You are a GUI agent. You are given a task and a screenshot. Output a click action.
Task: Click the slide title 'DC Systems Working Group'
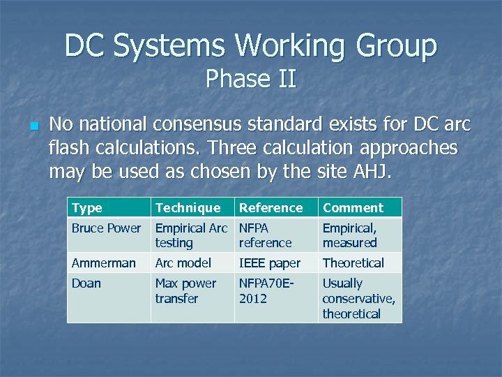coord(251,46)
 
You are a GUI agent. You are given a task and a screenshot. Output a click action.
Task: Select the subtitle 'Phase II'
coord(251,79)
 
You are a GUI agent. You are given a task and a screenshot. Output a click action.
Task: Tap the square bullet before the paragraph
coord(33,127)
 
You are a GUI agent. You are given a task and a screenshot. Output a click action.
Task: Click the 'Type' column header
coord(87,207)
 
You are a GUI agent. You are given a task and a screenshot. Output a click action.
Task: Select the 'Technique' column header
coord(188,207)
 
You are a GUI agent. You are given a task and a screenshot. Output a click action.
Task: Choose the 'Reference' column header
coord(271,207)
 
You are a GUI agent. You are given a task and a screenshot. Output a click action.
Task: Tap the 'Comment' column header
coord(353,207)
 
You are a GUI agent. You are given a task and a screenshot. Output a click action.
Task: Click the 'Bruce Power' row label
coord(106,228)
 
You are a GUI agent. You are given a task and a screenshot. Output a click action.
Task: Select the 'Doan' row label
coord(86,283)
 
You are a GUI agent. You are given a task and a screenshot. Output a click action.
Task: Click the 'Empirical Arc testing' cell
coord(191,235)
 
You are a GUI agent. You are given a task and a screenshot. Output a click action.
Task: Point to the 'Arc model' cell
coord(183,263)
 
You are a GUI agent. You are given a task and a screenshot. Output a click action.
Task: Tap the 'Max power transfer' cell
coord(185,290)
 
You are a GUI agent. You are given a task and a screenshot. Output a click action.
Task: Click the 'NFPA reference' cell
coord(265,235)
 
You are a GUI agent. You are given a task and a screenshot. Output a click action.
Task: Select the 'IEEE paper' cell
coord(270,263)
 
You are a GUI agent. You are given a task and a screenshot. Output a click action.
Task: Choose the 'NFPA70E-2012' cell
coord(268,290)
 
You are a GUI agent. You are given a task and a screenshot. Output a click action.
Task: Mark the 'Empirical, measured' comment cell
coord(350,235)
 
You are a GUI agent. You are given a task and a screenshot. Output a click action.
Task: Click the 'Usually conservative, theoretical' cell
coord(358,298)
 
